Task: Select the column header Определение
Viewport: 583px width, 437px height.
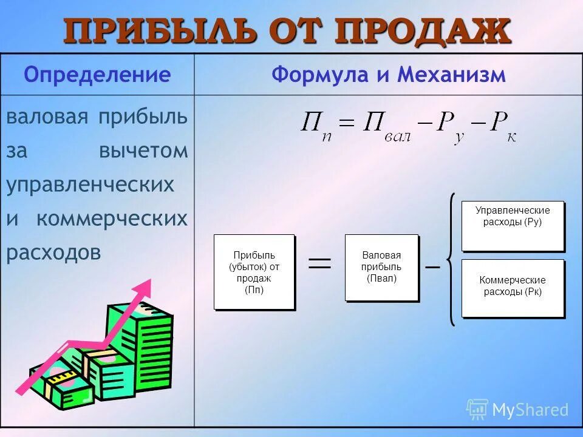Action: (x=97, y=75)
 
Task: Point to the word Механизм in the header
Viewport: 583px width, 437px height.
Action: (x=451, y=75)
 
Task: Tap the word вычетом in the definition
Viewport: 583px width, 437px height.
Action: (x=143, y=151)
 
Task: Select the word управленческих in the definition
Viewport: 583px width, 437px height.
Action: (x=90, y=185)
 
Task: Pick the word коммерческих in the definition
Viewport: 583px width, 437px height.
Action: (x=112, y=218)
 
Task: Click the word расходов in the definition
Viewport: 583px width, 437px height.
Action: (x=53, y=252)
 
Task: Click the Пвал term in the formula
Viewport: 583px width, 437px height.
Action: (x=386, y=127)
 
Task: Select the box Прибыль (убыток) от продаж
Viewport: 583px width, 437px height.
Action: (x=254, y=271)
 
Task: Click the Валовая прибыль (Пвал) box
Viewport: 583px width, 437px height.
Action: (x=381, y=267)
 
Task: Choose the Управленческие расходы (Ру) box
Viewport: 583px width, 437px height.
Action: (x=513, y=225)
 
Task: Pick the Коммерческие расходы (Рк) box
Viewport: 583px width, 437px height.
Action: (x=513, y=288)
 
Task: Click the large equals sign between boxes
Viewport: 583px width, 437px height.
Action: (x=320, y=262)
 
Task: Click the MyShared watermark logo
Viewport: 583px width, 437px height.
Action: (x=517, y=410)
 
